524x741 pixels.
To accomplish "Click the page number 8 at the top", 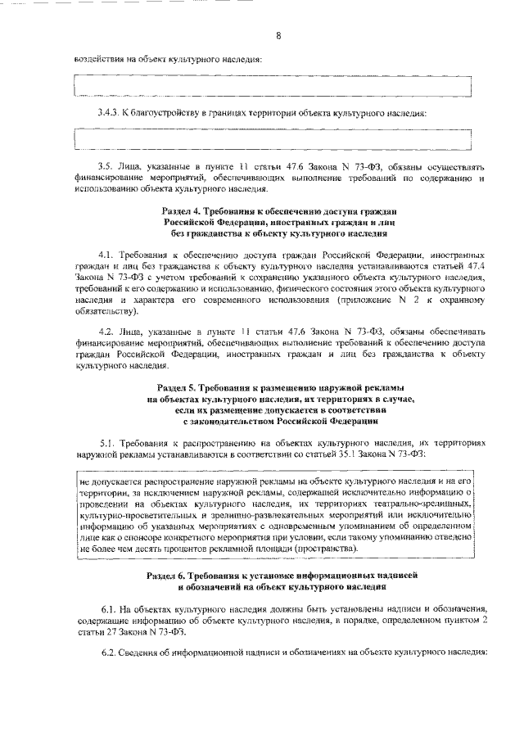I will [x=278, y=35].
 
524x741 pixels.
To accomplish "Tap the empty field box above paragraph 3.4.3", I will [x=273, y=86].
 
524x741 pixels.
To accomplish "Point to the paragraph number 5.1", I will [x=105, y=441].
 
